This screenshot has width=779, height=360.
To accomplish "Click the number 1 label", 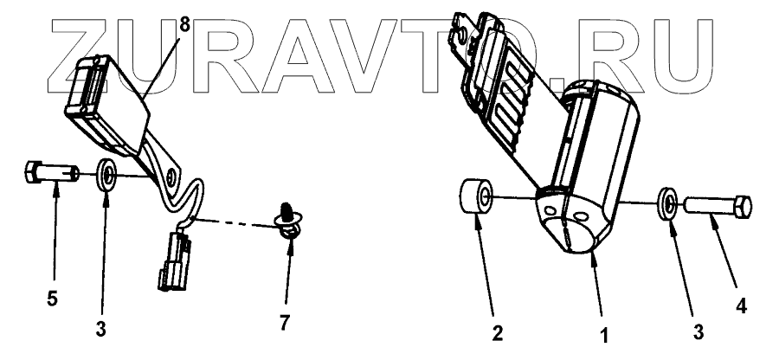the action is [605, 331].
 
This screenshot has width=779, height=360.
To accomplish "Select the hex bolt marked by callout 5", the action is [48, 174].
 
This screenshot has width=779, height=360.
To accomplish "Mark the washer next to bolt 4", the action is [668, 202].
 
